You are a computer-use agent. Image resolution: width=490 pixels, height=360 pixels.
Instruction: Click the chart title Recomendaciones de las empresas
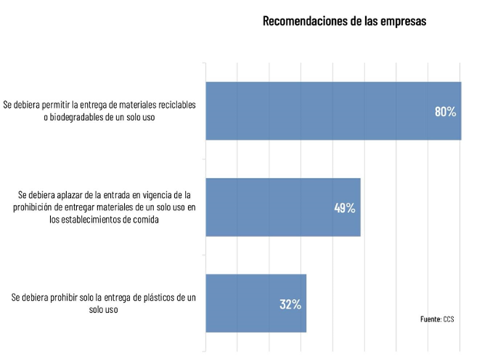pos(344,22)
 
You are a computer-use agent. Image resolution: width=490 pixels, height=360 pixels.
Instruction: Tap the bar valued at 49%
pos(282,207)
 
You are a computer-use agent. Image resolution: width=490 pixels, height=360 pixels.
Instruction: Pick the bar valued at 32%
pos(255,303)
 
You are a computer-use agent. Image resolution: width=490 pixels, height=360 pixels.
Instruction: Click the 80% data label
pos(445,112)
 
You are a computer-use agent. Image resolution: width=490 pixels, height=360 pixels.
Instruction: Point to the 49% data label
pos(344,208)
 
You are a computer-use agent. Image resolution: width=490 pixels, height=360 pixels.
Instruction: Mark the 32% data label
pos(290,304)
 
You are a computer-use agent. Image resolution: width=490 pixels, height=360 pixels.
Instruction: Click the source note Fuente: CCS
pos(438,318)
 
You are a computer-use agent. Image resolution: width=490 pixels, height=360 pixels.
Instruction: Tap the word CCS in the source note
pos(449,318)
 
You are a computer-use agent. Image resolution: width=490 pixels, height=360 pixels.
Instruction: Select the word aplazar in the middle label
pos(61,194)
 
